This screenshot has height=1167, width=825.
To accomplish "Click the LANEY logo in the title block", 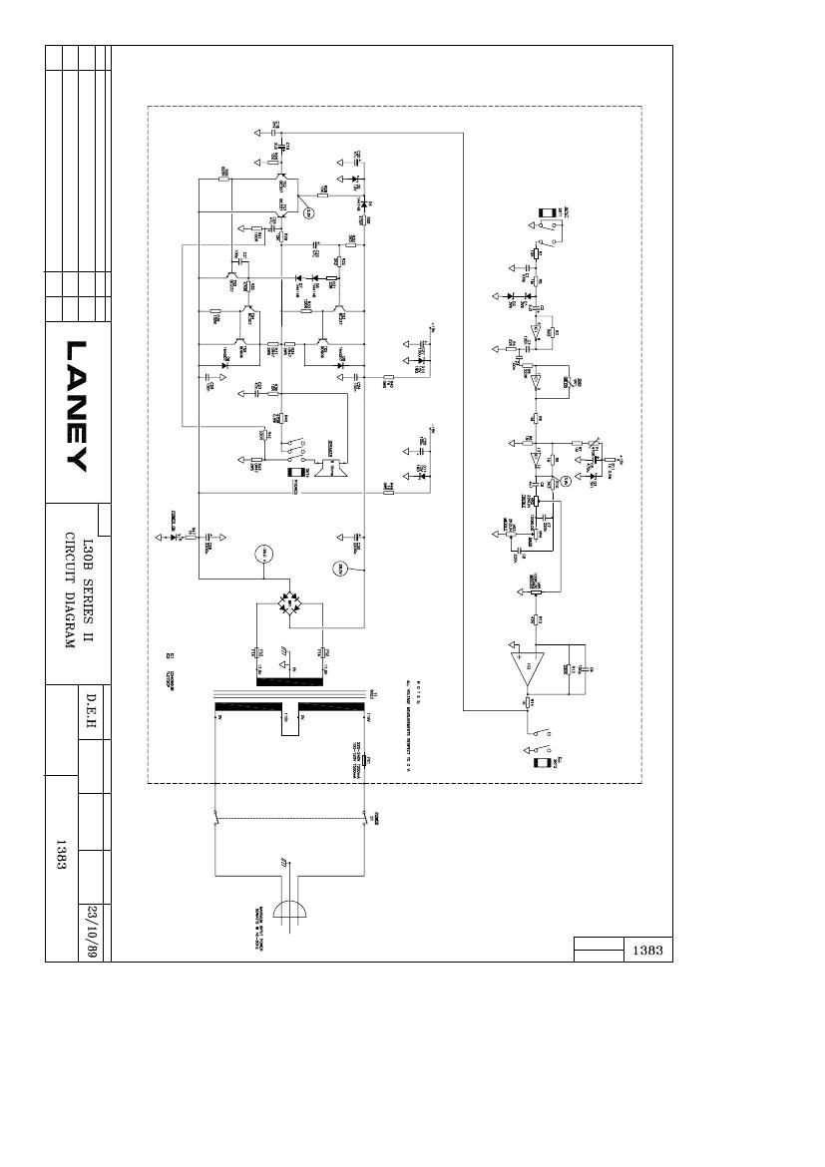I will point(78,407).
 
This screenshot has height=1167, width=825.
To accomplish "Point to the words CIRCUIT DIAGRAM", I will point(70,589).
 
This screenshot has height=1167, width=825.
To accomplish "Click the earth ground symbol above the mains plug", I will point(286,860).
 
